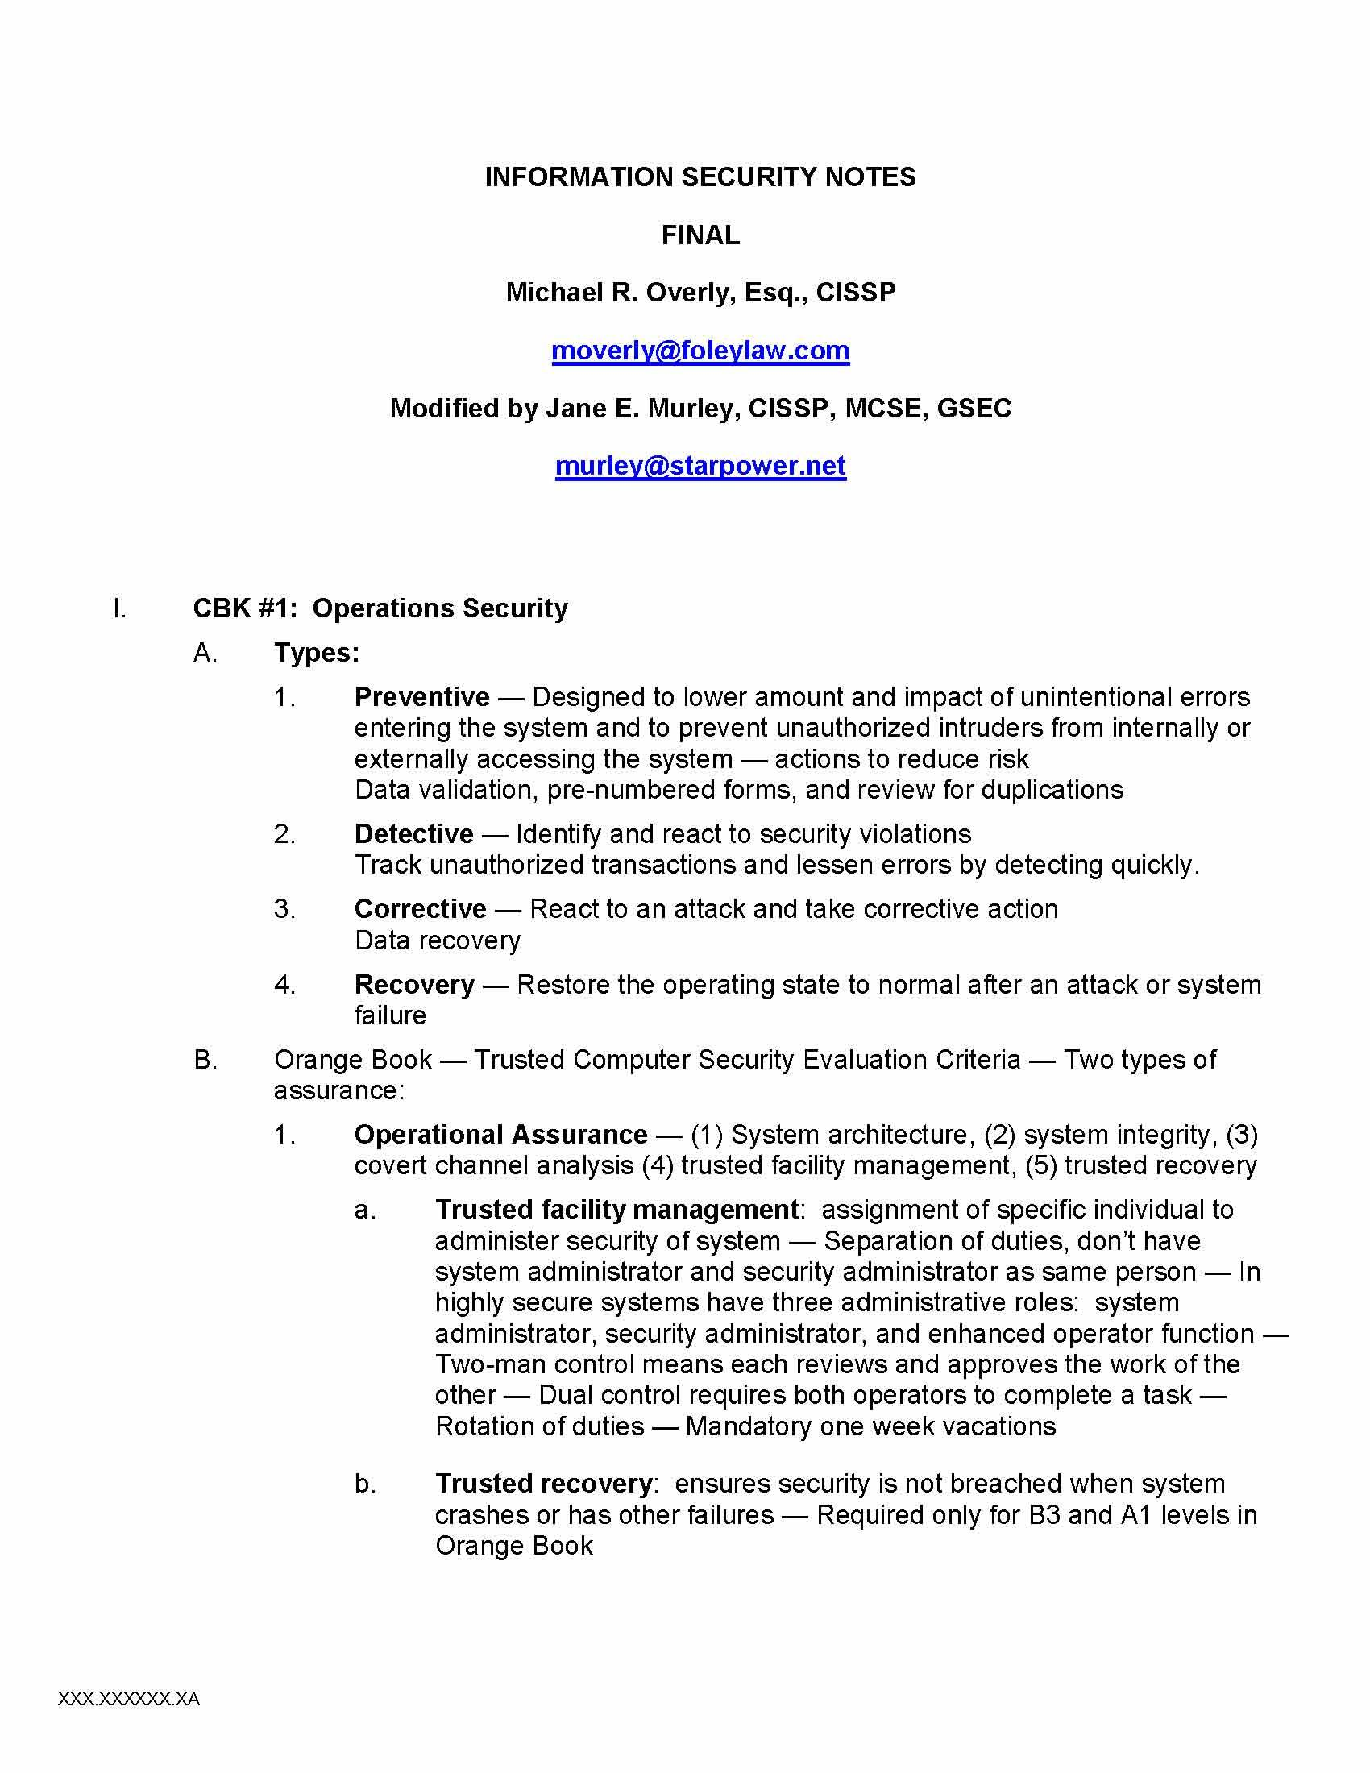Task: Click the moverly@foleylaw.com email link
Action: [700, 351]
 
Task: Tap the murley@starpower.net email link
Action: [700, 466]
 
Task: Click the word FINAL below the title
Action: [700, 235]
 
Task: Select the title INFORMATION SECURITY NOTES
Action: [700, 177]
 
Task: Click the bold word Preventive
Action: [422, 697]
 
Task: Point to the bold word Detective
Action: [414, 834]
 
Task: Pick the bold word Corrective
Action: [421, 908]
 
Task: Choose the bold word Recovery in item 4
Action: [415, 985]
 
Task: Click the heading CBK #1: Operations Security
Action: [380, 608]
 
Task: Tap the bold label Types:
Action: [317, 653]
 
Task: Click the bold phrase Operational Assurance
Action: [500, 1134]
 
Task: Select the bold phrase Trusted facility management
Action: [616, 1210]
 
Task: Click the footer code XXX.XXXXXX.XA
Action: [129, 1699]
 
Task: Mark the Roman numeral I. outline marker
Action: [120, 608]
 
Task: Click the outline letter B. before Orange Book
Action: [205, 1060]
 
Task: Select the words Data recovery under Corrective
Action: [438, 940]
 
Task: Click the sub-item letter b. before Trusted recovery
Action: [365, 1484]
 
